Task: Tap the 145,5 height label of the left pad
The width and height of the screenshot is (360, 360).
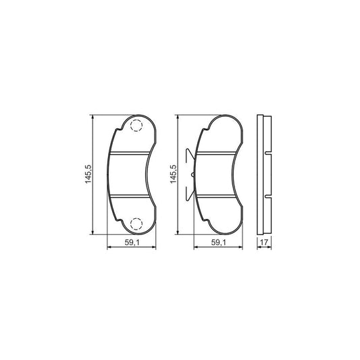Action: click(x=88, y=174)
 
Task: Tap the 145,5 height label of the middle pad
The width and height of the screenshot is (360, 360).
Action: click(x=174, y=174)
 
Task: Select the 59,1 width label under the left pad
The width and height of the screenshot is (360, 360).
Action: click(x=132, y=242)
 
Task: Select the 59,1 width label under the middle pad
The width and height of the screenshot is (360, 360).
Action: click(x=219, y=242)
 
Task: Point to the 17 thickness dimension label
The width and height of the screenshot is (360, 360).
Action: click(x=264, y=242)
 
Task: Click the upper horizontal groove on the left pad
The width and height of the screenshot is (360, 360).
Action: click(x=130, y=153)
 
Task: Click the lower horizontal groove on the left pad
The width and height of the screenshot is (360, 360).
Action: click(x=130, y=196)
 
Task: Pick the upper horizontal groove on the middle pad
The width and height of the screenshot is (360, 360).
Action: click(x=216, y=153)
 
